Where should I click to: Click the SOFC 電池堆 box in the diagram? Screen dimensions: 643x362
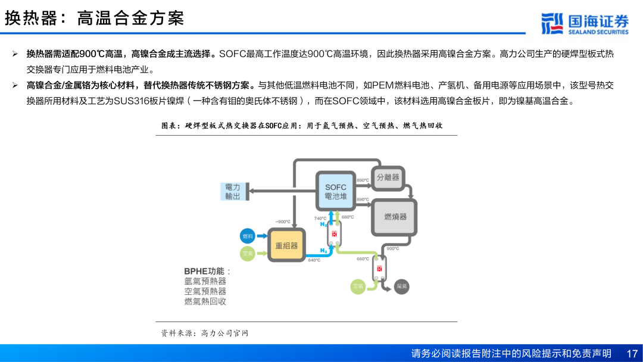335,191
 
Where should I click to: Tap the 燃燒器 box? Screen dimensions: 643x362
395,217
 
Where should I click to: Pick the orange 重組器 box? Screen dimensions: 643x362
286,245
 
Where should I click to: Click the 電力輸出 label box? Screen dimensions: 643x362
233,191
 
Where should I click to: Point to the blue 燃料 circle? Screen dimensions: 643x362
247,236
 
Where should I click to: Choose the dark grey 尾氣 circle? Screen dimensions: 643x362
402,286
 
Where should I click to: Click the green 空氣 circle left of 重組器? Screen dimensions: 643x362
247,254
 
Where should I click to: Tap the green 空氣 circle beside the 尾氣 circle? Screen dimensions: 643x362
357,286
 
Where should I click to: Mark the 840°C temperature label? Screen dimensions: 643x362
314,260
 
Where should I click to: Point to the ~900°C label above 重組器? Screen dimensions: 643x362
282,221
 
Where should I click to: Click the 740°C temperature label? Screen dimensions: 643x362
320,218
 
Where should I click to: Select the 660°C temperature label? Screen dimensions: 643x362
363,258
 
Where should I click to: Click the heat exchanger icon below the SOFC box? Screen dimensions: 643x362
335,234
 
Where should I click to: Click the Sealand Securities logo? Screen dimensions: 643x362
585,23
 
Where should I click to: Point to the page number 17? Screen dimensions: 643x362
632,353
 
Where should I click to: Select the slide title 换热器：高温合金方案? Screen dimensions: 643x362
95,18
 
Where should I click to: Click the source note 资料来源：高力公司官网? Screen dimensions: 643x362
204,333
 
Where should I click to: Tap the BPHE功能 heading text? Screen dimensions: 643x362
207,271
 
